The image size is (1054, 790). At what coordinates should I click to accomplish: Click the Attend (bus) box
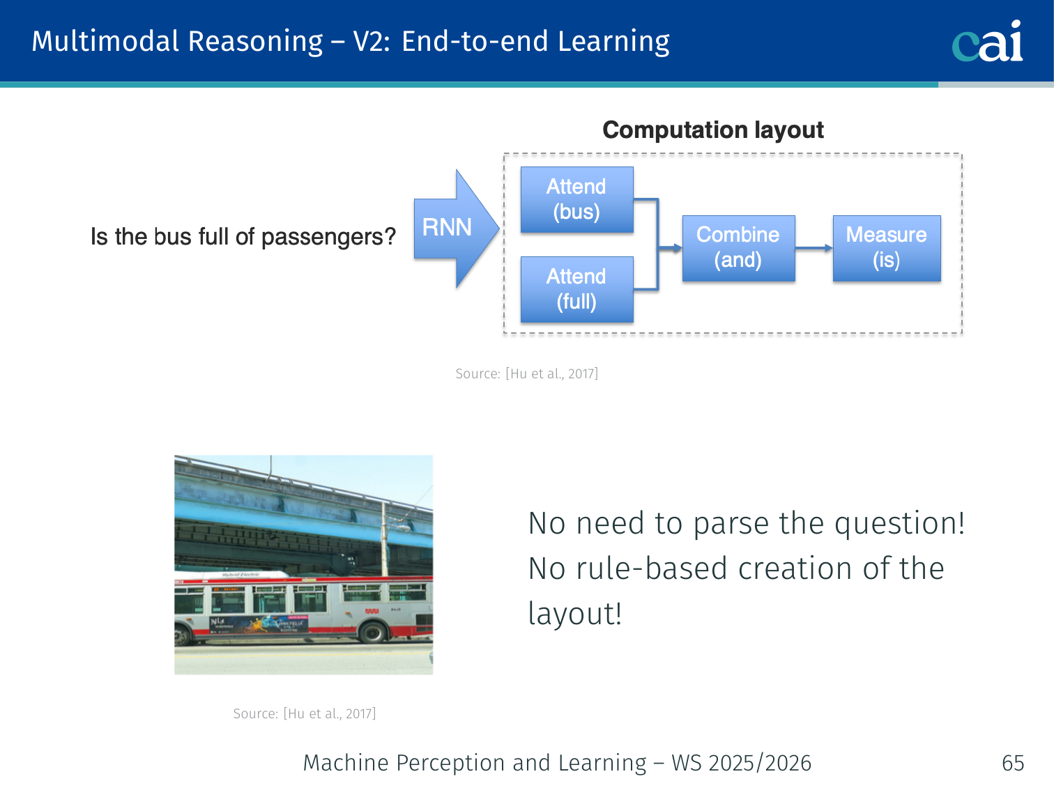pos(576,199)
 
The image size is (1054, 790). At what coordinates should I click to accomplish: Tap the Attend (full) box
pos(576,289)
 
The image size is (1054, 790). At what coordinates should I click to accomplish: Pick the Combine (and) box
pos(738,248)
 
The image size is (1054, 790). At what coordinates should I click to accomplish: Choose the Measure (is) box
pos(887,248)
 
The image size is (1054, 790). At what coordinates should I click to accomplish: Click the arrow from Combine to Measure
pos(814,248)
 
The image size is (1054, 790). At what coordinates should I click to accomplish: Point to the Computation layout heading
pos(713,130)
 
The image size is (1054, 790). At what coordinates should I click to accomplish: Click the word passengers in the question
pos(328,237)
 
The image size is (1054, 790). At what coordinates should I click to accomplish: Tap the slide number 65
pos(1013,763)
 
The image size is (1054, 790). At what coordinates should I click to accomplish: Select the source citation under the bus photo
pos(305,713)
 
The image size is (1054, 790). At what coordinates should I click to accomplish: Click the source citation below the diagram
pos(527,373)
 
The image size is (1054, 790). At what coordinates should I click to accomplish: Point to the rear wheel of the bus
pos(373,632)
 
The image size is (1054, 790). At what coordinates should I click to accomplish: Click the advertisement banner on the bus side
pos(259,624)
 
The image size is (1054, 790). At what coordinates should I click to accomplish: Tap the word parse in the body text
pos(731,523)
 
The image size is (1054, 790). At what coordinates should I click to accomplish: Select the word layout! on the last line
pos(575,613)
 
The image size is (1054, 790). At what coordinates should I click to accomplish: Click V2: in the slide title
pos(372,41)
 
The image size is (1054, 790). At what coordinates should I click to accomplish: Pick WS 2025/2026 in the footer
pos(742,763)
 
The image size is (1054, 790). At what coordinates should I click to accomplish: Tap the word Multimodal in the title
pos(106,41)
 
